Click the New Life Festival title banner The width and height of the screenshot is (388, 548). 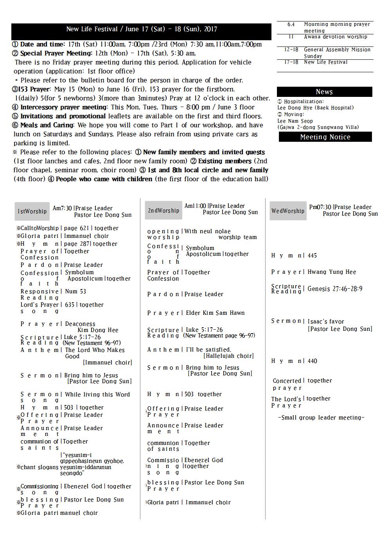(141, 29)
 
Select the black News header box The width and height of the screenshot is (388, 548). (324, 92)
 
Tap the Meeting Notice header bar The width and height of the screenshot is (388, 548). (325, 137)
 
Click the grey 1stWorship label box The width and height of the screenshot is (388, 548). (32, 211)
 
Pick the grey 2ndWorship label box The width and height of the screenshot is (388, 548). (163, 211)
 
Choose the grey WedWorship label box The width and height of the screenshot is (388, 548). (287, 211)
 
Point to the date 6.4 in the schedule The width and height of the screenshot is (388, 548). (291, 24)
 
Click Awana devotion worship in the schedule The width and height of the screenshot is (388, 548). (336, 37)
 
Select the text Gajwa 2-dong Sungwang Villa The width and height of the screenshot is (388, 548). (319, 127)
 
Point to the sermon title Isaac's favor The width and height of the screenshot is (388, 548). (326, 321)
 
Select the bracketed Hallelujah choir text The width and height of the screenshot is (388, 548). (228, 356)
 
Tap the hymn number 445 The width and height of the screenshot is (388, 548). (312, 255)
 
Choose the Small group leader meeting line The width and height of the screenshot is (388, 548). (321, 418)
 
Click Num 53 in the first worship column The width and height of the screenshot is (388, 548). (75, 291)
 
